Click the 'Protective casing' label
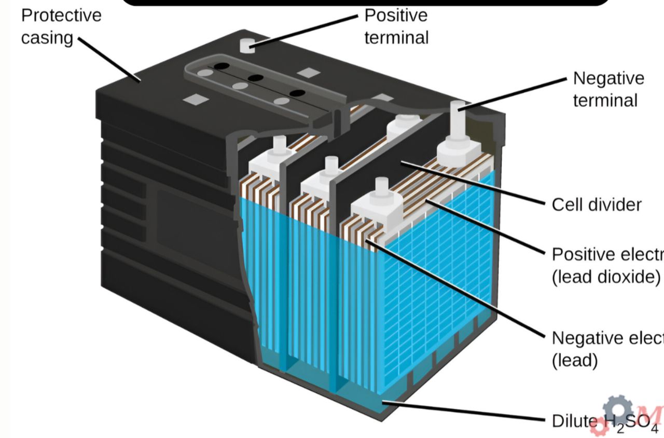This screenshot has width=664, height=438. pyautogui.click(x=61, y=26)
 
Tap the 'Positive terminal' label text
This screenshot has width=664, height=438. pyautogui.click(x=396, y=26)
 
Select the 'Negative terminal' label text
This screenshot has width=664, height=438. pyautogui.click(x=608, y=89)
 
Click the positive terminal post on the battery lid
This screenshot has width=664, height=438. pyautogui.click(x=248, y=45)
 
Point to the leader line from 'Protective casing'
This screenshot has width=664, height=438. pyautogui.click(x=109, y=60)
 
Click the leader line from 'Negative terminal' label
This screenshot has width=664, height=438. pyautogui.click(x=514, y=93)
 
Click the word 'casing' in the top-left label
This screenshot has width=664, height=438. pyautogui.click(x=47, y=37)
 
